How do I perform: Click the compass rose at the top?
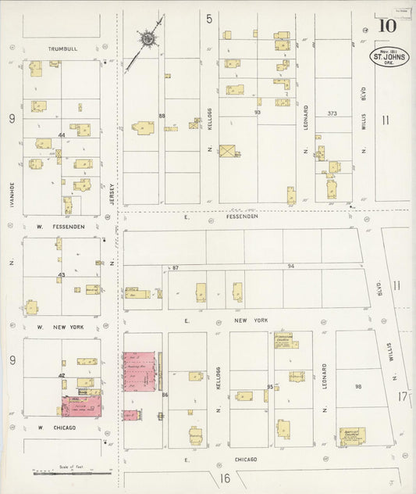pyautogui.click(x=147, y=38)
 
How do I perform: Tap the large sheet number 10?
pyautogui.click(x=386, y=24)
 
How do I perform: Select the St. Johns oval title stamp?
pyautogui.click(x=388, y=58)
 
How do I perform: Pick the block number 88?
pyautogui.click(x=162, y=116)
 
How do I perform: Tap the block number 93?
pyautogui.click(x=257, y=113)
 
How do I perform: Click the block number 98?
pyautogui.click(x=358, y=387)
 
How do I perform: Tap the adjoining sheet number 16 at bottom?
pyautogui.click(x=225, y=478)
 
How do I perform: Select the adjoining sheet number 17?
pyautogui.click(x=402, y=398)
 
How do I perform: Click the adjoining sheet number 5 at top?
pyautogui.click(x=209, y=18)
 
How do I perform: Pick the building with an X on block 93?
pyautogui.click(x=229, y=149)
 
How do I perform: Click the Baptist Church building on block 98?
pyautogui.click(x=351, y=436)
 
